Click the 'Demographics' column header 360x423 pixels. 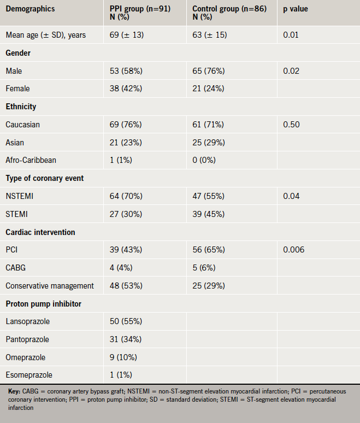29,9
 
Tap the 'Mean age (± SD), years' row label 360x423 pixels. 46,36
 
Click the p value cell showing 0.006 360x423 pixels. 294,250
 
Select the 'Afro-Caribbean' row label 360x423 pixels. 31,160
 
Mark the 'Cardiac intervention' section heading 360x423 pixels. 40,232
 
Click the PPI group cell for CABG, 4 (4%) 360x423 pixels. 122,268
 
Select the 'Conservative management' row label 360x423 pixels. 50,286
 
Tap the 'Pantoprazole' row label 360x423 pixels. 27,339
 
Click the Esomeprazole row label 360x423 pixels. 28,375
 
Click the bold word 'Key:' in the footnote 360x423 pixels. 14,391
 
